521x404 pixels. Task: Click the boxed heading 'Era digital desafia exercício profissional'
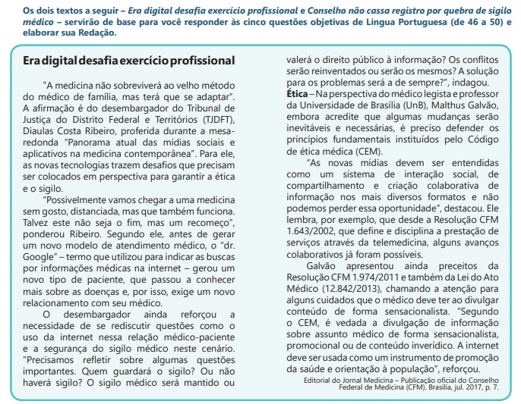pyautogui.click(x=128, y=60)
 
